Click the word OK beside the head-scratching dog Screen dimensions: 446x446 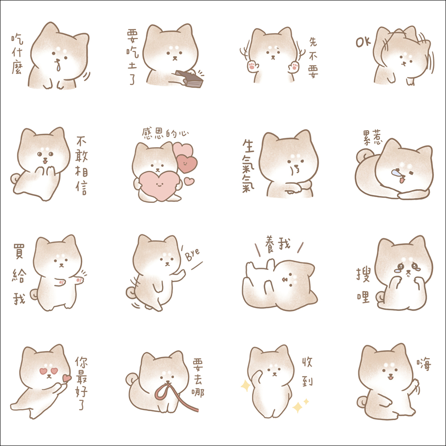point(363,42)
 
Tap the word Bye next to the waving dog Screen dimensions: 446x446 point(193,254)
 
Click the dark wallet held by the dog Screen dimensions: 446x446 point(190,79)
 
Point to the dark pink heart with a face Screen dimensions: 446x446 point(187,163)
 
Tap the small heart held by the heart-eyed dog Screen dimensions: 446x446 point(67,378)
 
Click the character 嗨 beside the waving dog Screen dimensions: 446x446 point(424,364)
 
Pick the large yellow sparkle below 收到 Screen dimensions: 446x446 point(297,407)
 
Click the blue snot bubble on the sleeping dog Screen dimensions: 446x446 point(396,172)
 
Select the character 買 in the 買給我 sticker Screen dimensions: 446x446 point(19,251)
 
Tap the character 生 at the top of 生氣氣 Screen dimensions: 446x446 point(248,146)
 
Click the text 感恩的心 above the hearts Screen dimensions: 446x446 point(165,133)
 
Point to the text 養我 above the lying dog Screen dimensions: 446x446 point(277,244)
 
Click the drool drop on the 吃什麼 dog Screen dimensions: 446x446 point(58,67)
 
